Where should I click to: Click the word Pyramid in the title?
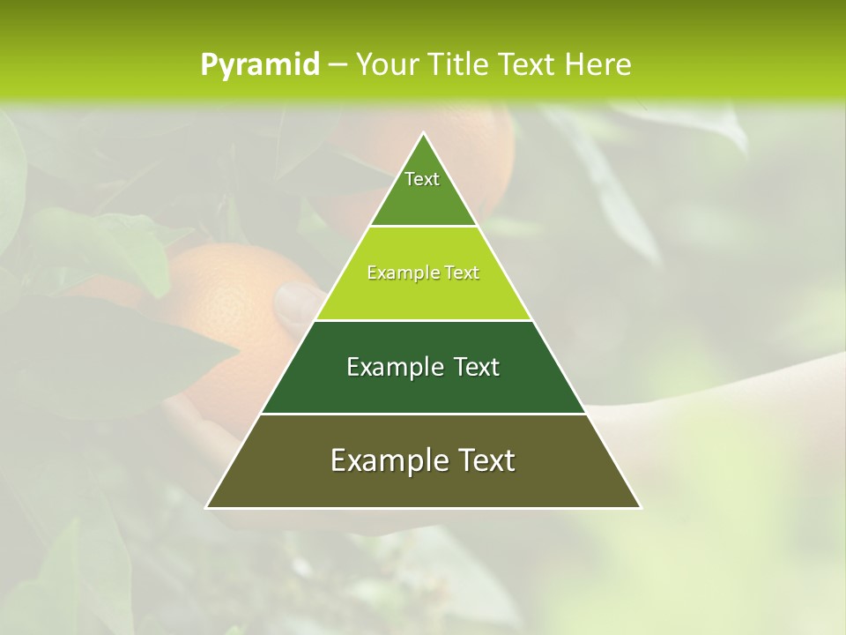(260, 65)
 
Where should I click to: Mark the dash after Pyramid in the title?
(338, 65)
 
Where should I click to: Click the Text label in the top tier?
(422, 179)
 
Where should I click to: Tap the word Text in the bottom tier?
(487, 460)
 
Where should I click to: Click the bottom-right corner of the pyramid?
(641, 507)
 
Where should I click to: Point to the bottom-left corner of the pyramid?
(206, 507)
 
